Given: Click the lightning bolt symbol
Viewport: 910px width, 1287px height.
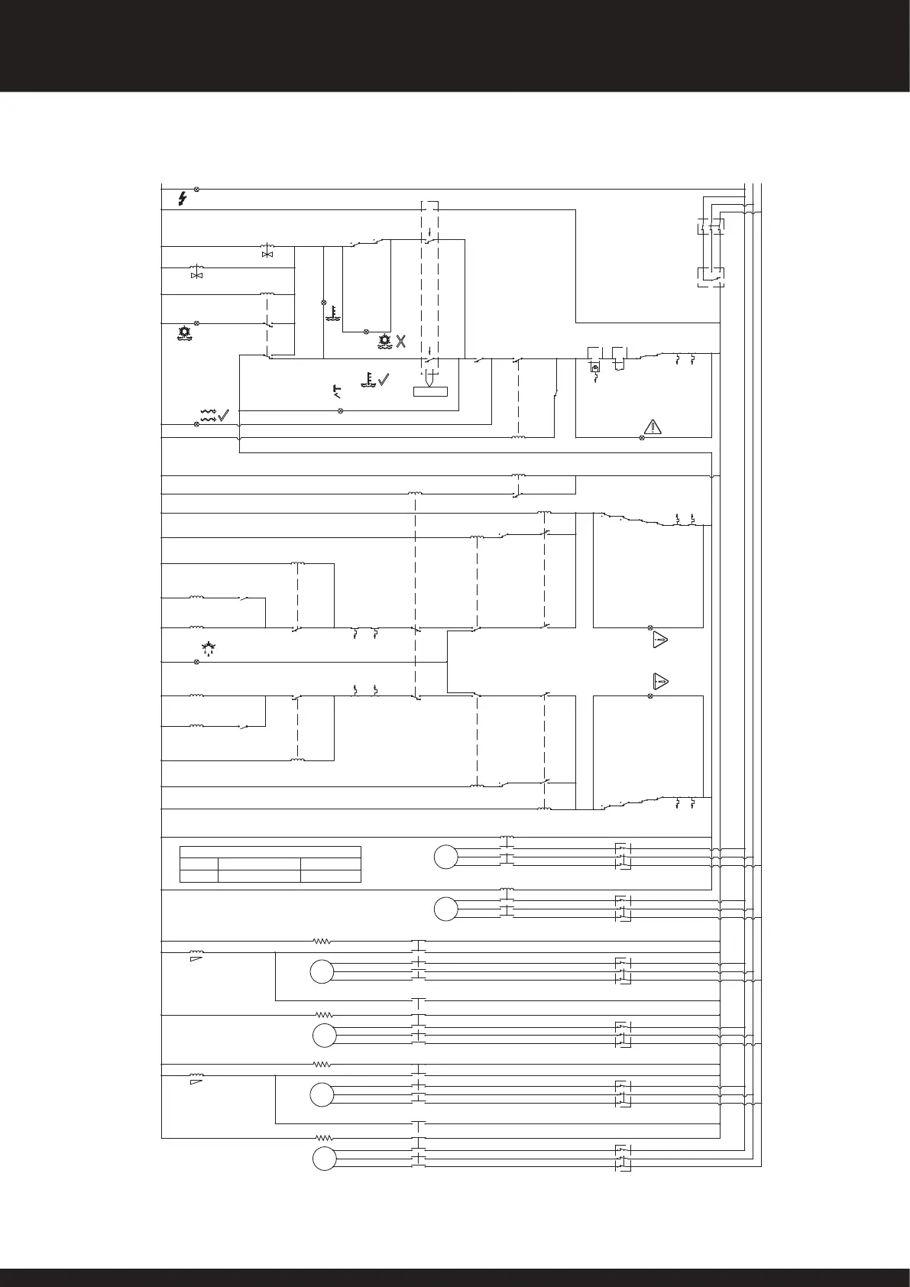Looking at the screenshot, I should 182,199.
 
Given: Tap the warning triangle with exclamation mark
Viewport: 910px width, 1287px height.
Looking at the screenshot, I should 652,426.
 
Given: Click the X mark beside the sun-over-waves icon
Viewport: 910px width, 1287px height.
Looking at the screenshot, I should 400,341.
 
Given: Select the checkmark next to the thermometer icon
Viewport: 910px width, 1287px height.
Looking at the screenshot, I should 384,378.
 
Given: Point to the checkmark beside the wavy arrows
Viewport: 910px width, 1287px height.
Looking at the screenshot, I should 224,416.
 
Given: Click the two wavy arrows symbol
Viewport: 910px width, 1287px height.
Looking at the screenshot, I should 208,415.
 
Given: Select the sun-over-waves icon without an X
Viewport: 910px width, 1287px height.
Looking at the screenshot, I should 184,333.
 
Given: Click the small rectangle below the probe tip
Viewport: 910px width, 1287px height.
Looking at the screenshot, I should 430,393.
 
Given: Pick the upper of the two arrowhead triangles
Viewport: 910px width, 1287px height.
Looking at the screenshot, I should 660,640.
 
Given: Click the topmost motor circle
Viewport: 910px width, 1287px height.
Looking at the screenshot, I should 446,857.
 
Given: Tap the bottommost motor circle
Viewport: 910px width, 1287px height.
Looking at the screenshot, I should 325,1159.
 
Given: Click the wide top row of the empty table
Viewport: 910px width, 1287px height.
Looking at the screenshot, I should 270,852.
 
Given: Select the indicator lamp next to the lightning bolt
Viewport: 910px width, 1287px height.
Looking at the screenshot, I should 197,189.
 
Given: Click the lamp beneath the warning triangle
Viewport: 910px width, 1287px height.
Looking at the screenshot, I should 641,437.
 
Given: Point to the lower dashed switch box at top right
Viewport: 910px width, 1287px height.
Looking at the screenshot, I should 711,276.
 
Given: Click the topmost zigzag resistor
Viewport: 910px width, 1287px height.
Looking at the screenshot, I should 322,941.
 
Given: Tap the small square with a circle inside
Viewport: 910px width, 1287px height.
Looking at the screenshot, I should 595,368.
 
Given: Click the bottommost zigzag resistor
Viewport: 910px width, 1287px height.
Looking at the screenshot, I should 322,1138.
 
